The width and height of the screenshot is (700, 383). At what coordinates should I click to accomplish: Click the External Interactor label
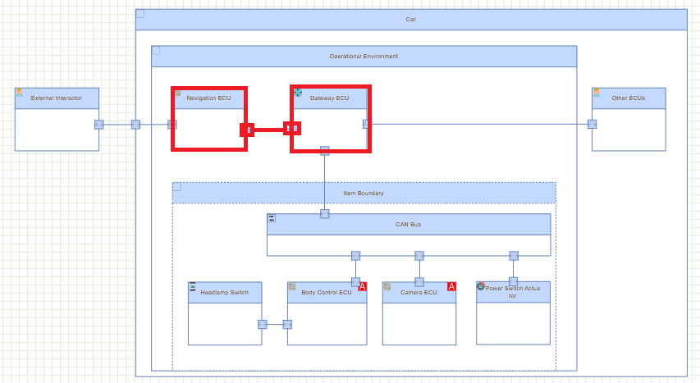tap(57, 98)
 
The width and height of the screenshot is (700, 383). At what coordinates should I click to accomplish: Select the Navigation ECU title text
tap(208, 98)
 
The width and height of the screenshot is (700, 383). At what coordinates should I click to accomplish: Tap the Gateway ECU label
tap(329, 98)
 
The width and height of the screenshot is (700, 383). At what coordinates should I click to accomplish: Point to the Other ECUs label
tap(629, 98)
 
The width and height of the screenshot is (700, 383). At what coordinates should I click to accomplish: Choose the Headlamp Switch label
tap(224, 292)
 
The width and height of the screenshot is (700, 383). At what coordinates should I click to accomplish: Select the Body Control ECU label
tap(326, 292)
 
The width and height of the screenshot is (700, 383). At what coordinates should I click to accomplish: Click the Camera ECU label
tap(419, 292)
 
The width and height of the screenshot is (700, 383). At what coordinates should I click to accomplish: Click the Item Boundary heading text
tap(364, 194)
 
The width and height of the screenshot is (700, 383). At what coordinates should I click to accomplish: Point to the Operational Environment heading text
tap(364, 57)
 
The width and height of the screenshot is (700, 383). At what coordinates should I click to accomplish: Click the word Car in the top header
tap(410, 19)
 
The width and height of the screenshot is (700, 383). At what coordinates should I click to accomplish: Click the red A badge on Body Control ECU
tap(362, 286)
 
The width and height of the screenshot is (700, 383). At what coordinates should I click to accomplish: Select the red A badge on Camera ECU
tap(451, 286)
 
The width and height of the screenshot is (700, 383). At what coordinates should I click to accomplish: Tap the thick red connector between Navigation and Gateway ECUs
tap(268, 129)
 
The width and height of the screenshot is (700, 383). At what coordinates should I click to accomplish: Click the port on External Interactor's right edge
tap(98, 125)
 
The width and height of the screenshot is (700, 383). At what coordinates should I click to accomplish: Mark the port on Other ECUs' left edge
tap(592, 125)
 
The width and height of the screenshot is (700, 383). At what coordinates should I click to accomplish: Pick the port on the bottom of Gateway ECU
tap(325, 151)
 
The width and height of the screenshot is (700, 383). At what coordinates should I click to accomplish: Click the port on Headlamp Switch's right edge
tap(262, 324)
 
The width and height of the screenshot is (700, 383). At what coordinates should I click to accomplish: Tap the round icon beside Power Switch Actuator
tap(481, 286)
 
